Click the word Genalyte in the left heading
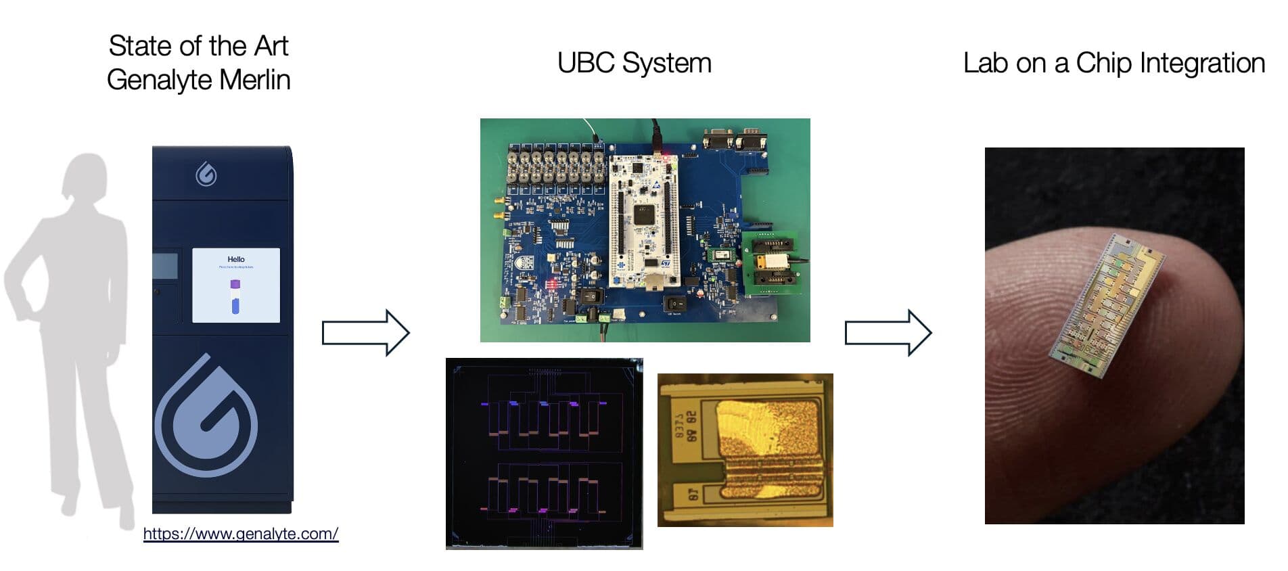pos(159,80)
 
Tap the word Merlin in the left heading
pos(254,80)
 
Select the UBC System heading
pos(634,63)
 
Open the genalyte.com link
pos(241,534)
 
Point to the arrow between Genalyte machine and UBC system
pos(365,333)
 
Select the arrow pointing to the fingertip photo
pos(888,333)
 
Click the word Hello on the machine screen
pos(236,259)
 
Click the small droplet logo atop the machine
pos(206,175)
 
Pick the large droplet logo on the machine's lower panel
pos(206,416)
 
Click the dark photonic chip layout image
pos(544,453)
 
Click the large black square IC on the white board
pos(643,214)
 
